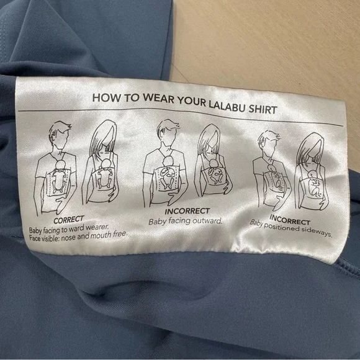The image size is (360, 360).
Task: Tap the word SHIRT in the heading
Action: pos(263,109)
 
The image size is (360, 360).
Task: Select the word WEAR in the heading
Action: pos(158,99)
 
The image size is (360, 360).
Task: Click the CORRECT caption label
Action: pos(69,220)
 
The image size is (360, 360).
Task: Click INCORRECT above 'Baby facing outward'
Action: pos(187,211)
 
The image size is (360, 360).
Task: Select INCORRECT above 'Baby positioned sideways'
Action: pos(290,220)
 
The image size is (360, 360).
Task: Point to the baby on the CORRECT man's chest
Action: pos(59,176)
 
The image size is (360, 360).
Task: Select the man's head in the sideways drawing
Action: pos(269,144)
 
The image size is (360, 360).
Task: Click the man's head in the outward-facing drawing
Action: pos(168,133)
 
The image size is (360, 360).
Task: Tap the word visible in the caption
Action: pos(50,238)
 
